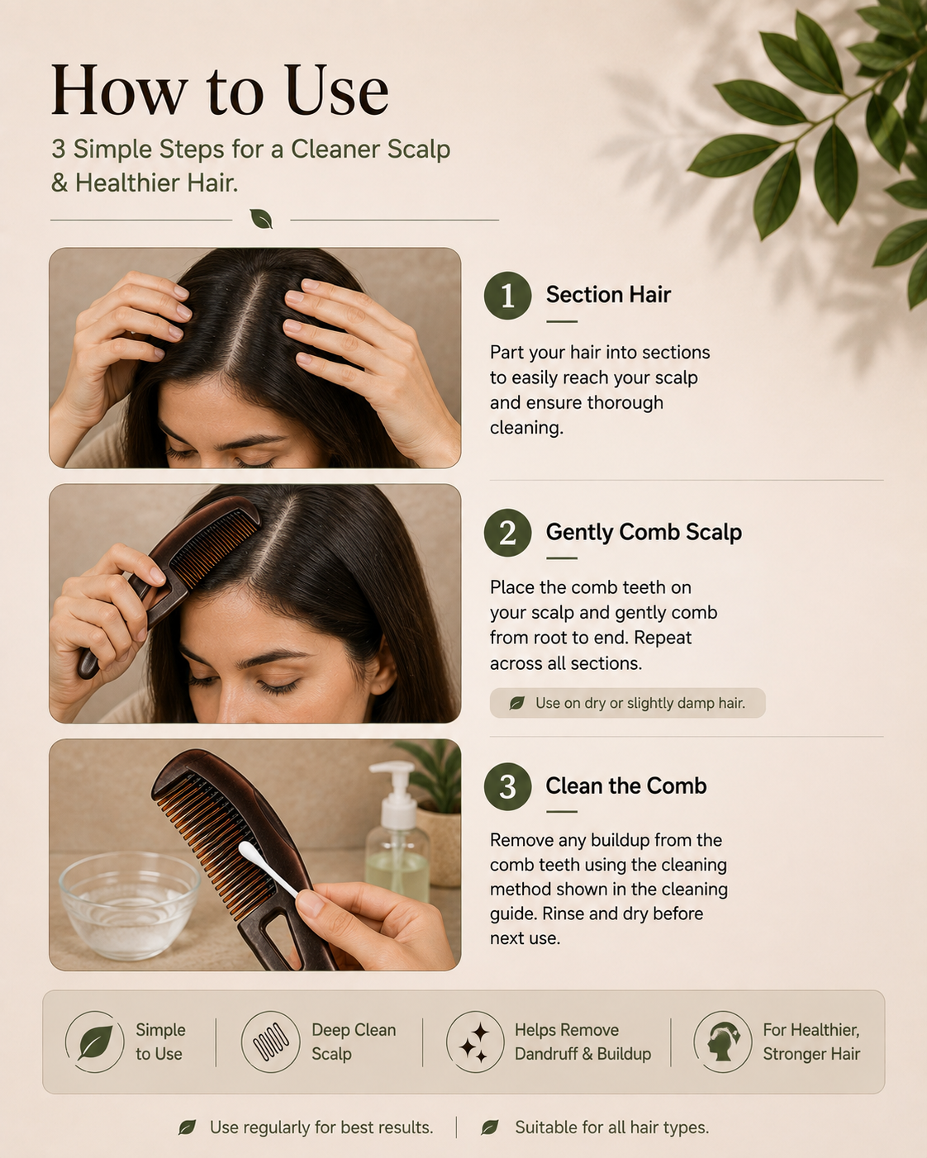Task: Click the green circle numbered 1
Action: (x=507, y=296)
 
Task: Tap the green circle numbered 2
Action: (x=507, y=533)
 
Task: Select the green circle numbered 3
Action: (x=507, y=786)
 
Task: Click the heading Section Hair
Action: (x=608, y=295)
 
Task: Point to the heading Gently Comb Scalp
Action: (x=644, y=532)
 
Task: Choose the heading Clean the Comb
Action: (x=626, y=786)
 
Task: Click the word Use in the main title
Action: (x=337, y=90)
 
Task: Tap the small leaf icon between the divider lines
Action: (x=261, y=219)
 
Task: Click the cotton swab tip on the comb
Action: (x=250, y=851)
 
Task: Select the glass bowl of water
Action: (x=130, y=906)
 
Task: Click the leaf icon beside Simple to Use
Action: (x=95, y=1042)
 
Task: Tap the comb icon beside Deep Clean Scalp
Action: (x=271, y=1042)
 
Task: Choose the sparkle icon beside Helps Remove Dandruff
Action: (x=475, y=1042)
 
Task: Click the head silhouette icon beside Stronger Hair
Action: (x=722, y=1042)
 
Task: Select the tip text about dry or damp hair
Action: (x=640, y=703)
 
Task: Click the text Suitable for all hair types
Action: (x=611, y=1127)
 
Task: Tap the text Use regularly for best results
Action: (x=321, y=1127)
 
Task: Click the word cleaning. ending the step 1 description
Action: (x=526, y=429)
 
